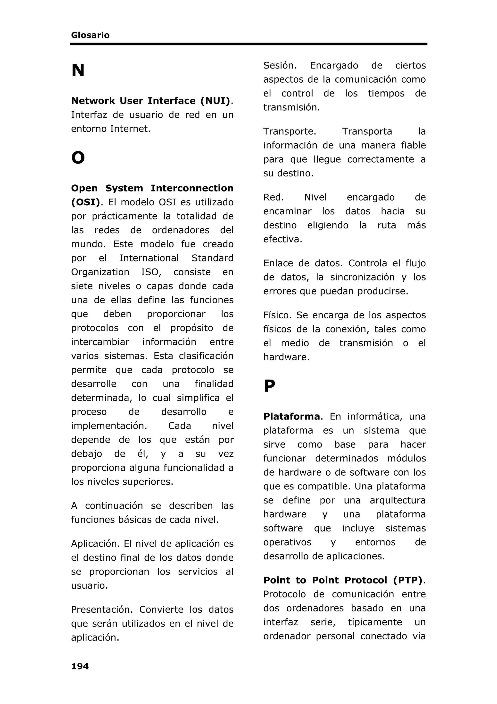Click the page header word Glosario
tap(90, 35)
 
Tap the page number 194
tap(80, 666)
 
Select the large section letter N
tap(78, 70)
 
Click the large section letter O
tap(78, 158)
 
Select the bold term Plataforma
tap(291, 416)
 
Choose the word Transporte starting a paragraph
tap(289, 131)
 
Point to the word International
tap(149, 258)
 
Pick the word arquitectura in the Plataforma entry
tap(398, 500)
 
